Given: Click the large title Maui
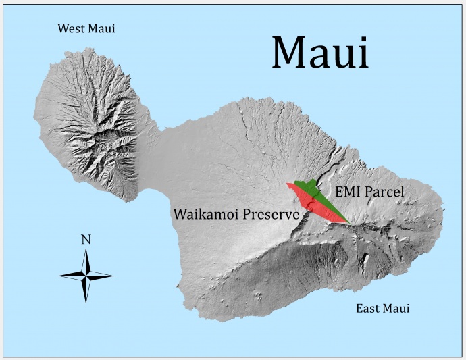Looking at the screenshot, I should [x=320, y=52].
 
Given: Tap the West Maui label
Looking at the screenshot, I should [x=86, y=28].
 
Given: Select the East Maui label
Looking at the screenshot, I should [x=382, y=309].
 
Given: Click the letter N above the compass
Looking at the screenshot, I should [x=86, y=238].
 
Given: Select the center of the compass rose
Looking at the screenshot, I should [x=86, y=275].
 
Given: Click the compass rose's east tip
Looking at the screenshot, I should [x=113, y=275].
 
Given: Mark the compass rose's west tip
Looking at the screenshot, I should [x=59, y=275].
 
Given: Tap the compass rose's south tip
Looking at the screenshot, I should [x=86, y=302].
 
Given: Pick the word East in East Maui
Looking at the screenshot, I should [x=368, y=309].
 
